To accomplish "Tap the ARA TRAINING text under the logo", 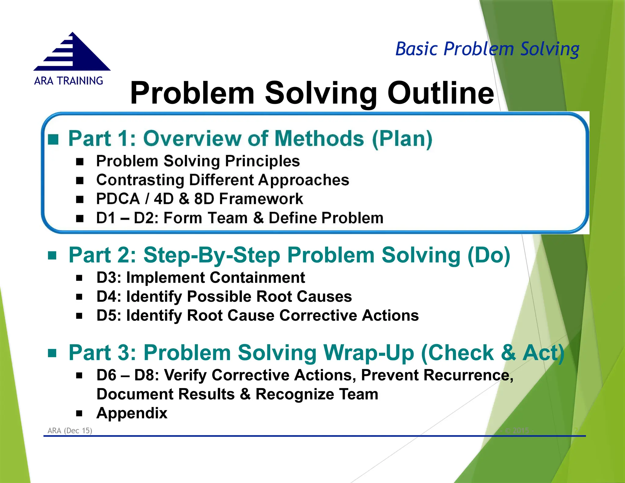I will pos(69,81).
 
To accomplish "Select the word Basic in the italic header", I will pos(417,49).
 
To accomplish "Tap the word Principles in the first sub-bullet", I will pos(262,161).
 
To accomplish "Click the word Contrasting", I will pos(140,180).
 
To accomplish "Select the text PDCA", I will pos(118,199).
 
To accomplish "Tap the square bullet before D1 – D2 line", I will pos(80,218).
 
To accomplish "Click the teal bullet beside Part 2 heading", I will pos(52,255).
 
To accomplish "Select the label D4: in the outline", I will pos(109,296).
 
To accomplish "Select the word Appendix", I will pos(132,413).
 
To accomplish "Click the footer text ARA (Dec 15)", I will pos(70,430).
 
